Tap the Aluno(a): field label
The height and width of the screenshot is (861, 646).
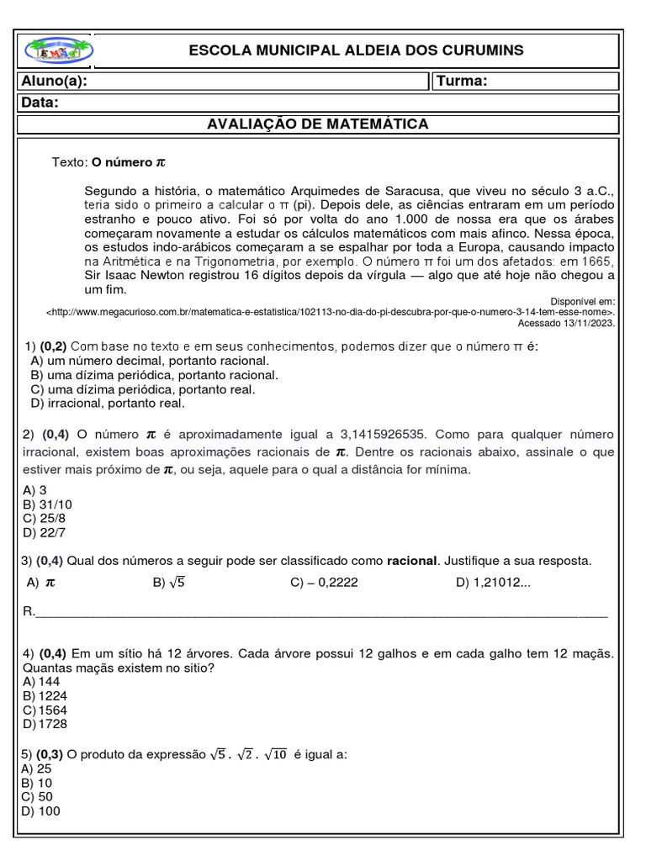[55, 82]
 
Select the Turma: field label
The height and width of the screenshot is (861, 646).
[461, 82]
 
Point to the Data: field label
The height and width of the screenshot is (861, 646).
[40, 103]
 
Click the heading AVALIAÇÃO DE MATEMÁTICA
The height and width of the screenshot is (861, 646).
[318, 124]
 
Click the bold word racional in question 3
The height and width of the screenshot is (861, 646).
[412, 560]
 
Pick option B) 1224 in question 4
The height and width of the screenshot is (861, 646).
[46, 696]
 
